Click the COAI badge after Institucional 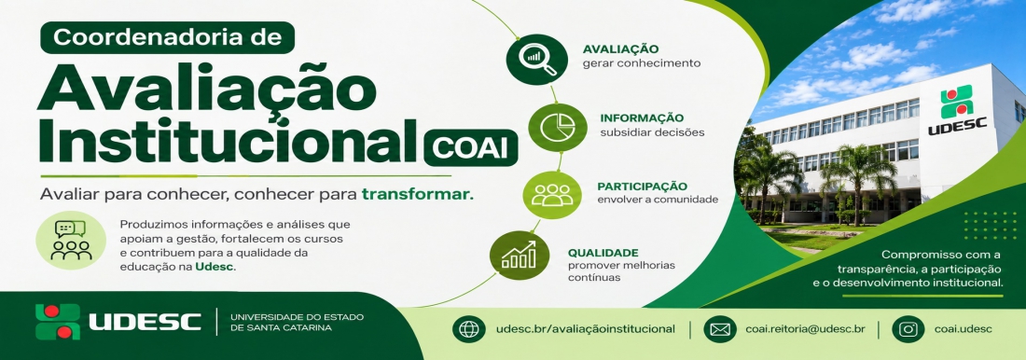click(x=470, y=147)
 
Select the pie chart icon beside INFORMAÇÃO click(x=557, y=127)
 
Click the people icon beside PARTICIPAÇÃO click(x=551, y=195)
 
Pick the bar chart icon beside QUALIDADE click(x=520, y=256)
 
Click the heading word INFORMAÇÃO click(x=642, y=118)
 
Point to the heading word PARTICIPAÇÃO click(x=642, y=186)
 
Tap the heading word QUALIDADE click(x=603, y=253)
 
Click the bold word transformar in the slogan click(x=417, y=194)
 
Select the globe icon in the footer click(x=468, y=329)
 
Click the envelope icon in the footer click(x=720, y=329)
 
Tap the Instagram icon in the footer click(x=908, y=329)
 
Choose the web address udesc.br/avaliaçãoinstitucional click(x=586, y=329)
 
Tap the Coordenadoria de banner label click(x=168, y=38)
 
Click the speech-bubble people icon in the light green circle click(x=71, y=241)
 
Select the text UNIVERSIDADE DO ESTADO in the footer click(x=297, y=317)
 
